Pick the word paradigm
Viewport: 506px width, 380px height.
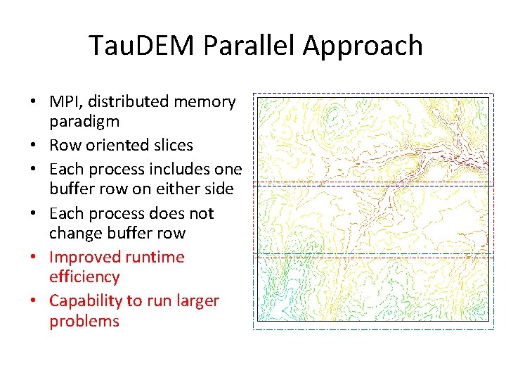pos(84,122)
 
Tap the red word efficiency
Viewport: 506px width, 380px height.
pos(84,277)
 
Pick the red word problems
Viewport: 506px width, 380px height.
pos(84,322)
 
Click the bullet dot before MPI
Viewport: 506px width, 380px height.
pos(33,103)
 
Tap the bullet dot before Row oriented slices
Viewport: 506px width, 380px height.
pos(33,146)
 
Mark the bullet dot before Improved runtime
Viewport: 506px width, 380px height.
pos(33,258)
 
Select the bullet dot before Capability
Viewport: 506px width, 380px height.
pos(33,301)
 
